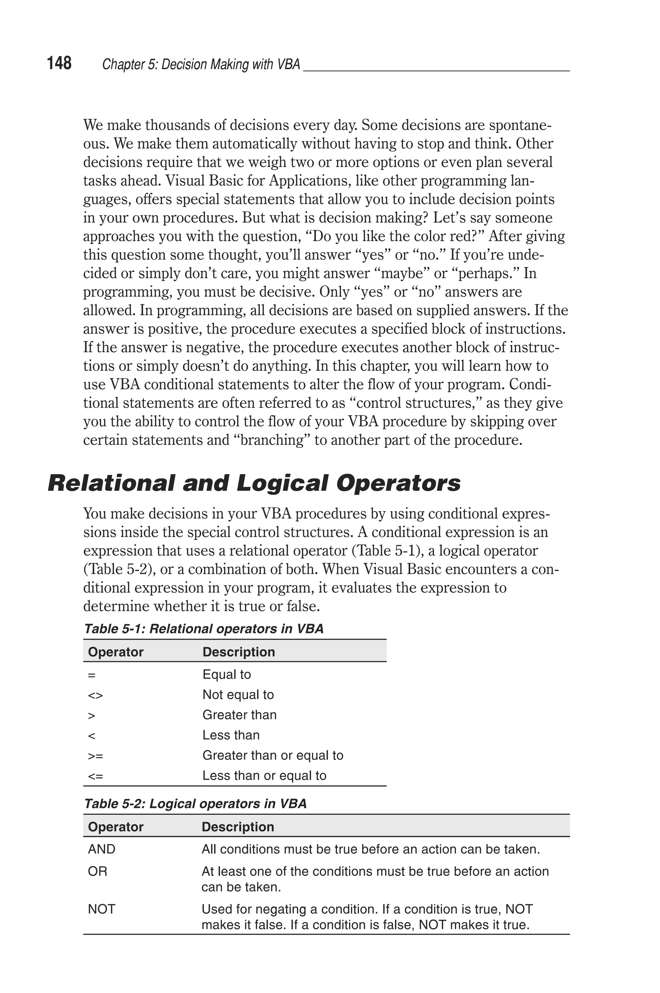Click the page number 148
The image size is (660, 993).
pos(59,63)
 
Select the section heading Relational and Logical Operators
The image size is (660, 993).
pos(254,483)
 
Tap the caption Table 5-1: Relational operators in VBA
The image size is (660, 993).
pos(204,629)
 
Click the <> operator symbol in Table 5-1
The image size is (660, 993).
pos(95,695)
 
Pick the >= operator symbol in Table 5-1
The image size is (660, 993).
pos(95,756)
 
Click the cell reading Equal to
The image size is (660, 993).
pos(227,675)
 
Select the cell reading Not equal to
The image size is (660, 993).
pos(238,695)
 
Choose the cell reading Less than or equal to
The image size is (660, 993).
pos(264,776)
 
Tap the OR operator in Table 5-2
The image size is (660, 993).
pos(98,871)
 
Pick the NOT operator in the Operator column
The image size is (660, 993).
pos(102,909)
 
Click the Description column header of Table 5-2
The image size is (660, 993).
pos(238,827)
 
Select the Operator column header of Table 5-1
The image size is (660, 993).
pos(116,652)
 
